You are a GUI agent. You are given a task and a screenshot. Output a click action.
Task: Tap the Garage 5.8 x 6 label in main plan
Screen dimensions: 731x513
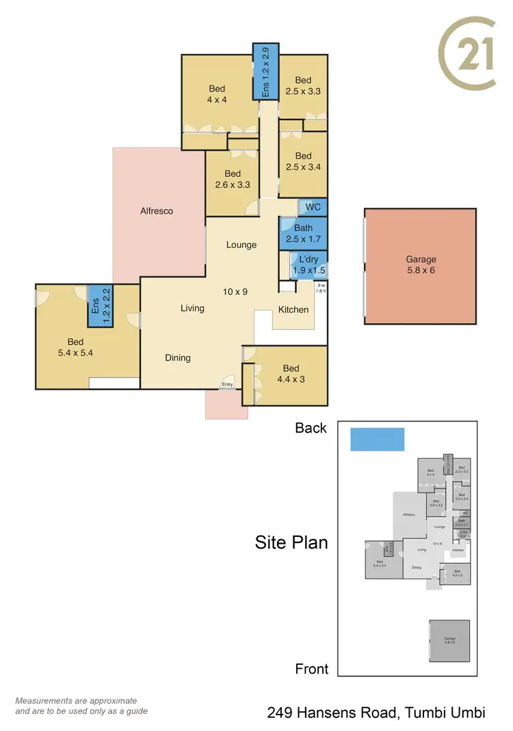pyautogui.click(x=421, y=264)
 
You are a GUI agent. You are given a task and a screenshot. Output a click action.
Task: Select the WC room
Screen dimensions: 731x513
pyautogui.click(x=313, y=207)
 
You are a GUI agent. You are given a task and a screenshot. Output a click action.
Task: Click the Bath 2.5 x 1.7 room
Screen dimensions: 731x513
pyautogui.click(x=303, y=233)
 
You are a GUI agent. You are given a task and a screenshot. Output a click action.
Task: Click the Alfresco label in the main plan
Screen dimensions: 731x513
pyautogui.click(x=157, y=211)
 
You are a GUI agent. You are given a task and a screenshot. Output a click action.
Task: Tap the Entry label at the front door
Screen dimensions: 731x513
pyautogui.click(x=227, y=385)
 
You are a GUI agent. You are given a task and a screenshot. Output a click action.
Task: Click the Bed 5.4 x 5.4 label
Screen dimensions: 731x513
pyautogui.click(x=75, y=347)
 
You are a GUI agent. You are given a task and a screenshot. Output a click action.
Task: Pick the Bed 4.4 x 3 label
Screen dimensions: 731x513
pyautogui.click(x=291, y=374)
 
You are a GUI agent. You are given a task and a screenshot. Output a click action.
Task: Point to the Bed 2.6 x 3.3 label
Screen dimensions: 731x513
pyautogui.click(x=233, y=179)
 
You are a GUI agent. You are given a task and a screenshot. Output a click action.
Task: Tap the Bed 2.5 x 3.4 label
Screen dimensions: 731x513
pyautogui.click(x=303, y=161)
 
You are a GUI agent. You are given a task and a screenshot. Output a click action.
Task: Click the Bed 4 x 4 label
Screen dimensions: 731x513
pyautogui.click(x=217, y=94)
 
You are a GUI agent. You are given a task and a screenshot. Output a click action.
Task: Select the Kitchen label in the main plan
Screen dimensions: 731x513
pyautogui.click(x=293, y=309)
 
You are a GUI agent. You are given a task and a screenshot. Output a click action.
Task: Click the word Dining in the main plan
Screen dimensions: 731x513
pyautogui.click(x=178, y=357)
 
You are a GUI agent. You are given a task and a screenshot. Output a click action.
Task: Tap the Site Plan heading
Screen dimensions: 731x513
pyautogui.click(x=291, y=542)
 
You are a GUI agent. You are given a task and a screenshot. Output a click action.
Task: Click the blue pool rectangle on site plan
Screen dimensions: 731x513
pyautogui.click(x=377, y=439)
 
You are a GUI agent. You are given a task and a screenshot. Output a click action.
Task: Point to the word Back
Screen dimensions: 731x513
pyautogui.click(x=311, y=428)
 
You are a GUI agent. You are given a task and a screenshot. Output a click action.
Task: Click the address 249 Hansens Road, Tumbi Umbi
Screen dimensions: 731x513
pyautogui.click(x=376, y=713)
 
